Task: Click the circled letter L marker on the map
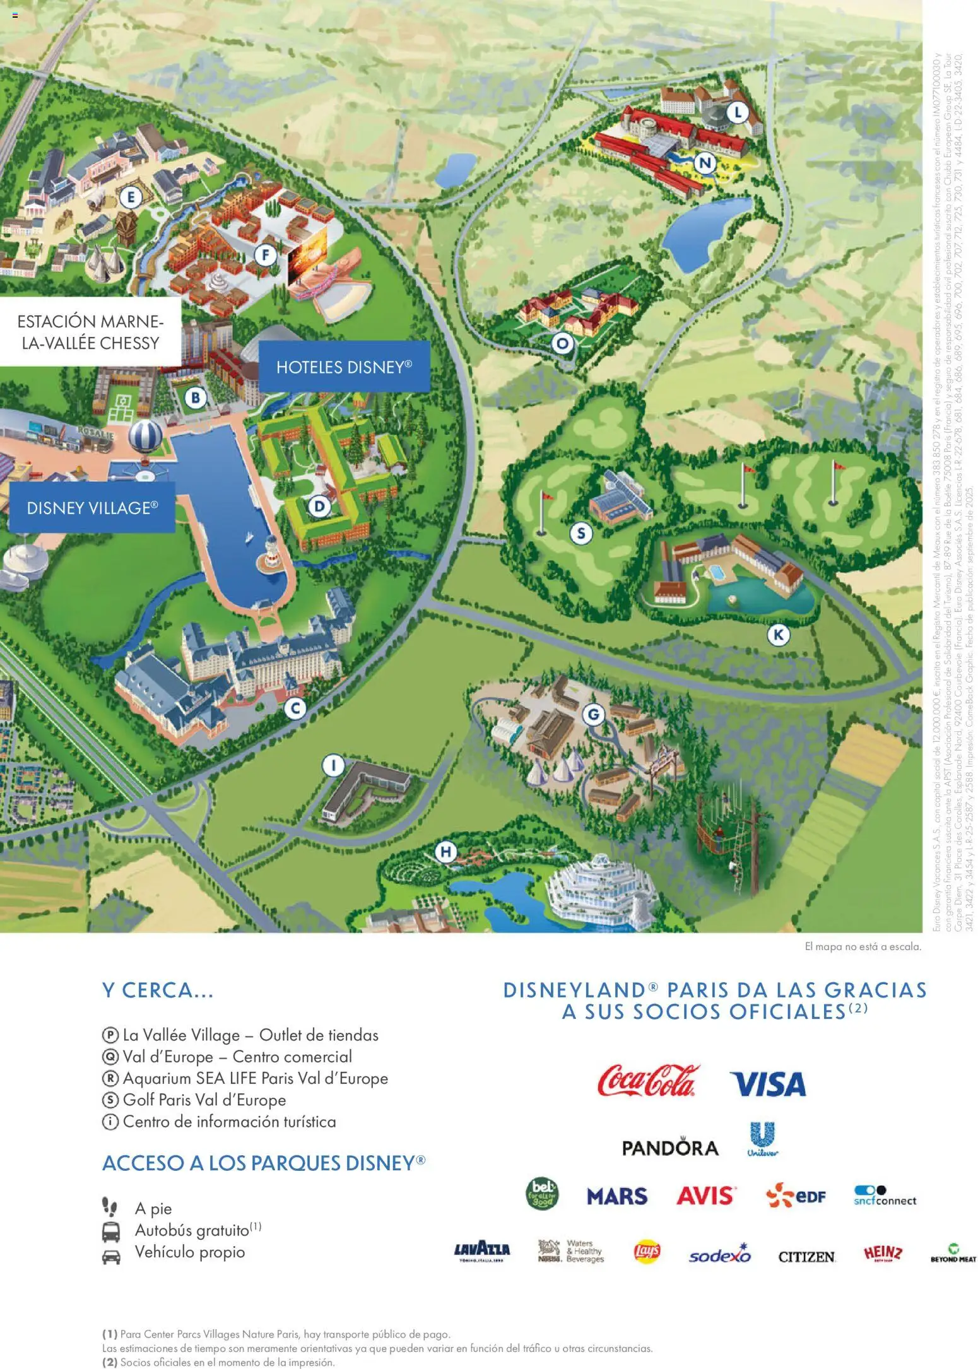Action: coord(738,114)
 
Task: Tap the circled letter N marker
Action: coord(705,163)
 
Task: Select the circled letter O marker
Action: coord(562,344)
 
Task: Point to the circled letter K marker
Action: coord(779,635)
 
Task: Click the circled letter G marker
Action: coord(593,715)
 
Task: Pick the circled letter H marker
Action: coord(446,852)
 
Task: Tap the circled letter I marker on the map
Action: coord(334,766)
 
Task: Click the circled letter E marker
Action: coord(131,198)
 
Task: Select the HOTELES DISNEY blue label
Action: coord(344,367)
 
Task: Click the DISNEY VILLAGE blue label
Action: coord(92,508)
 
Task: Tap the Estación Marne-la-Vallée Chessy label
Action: coord(90,332)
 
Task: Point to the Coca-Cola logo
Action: coord(648,1081)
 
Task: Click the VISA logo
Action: coord(768,1084)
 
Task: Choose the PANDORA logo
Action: coord(670,1148)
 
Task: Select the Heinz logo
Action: coord(883,1254)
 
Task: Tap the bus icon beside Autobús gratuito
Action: coord(111,1231)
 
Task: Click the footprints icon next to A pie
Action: coord(110,1207)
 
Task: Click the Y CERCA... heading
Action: coord(158,990)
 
